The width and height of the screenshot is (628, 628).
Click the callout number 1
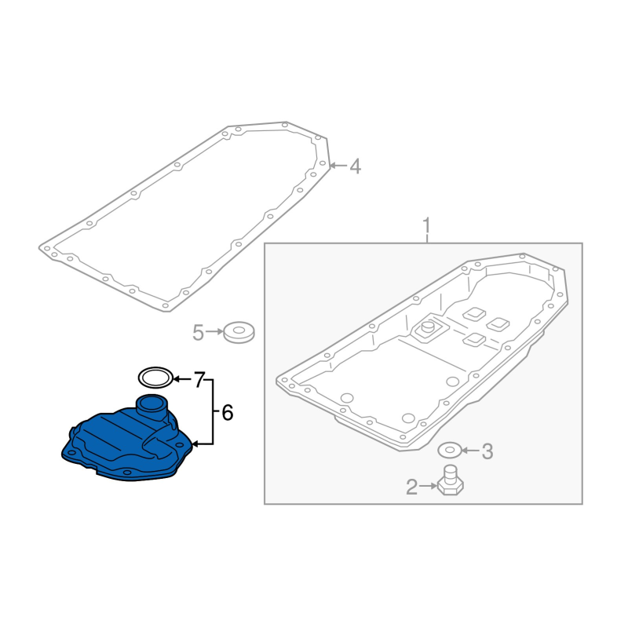point(426,226)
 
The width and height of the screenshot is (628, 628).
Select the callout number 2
point(411,487)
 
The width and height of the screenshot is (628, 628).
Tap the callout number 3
point(487,451)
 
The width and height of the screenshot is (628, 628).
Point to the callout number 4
point(356,166)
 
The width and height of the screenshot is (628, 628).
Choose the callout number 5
point(199,332)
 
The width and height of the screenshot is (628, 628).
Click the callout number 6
point(228,413)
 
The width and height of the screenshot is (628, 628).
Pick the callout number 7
point(199,379)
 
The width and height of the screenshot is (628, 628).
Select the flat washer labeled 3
point(450,451)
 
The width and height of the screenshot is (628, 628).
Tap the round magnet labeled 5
point(239,332)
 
